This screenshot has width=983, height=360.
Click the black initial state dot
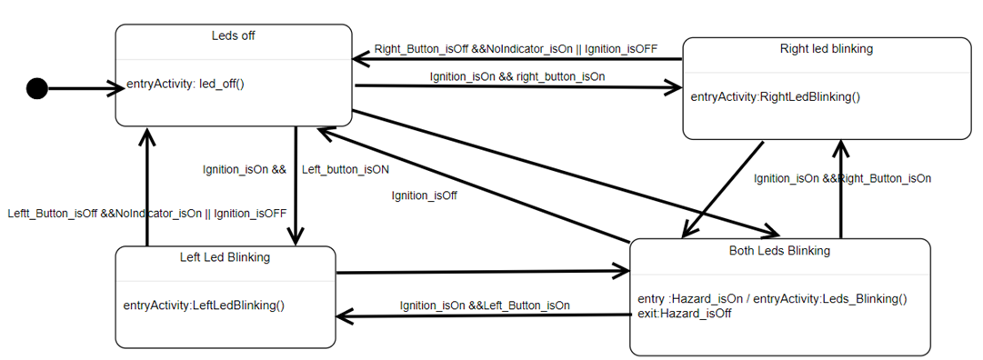[36, 88]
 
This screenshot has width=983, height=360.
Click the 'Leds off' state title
[234, 36]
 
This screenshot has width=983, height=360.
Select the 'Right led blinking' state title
[827, 49]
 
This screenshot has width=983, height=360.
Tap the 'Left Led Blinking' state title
[225, 257]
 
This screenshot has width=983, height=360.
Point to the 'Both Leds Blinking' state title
[779, 250]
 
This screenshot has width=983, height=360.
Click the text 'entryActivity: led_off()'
[186, 84]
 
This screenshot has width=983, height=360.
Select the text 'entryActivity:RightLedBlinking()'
[775, 96]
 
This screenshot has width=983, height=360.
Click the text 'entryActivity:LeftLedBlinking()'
[204, 305]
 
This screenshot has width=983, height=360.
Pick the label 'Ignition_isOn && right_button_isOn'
[517, 76]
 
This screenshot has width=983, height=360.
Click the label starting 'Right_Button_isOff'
[516, 48]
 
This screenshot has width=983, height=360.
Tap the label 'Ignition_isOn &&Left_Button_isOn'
[485, 305]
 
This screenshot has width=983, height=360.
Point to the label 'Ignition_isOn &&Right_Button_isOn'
[842, 179]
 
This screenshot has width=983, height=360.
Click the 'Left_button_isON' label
[346, 169]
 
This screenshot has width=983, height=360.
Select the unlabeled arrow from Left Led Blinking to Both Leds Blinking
[482, 271]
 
